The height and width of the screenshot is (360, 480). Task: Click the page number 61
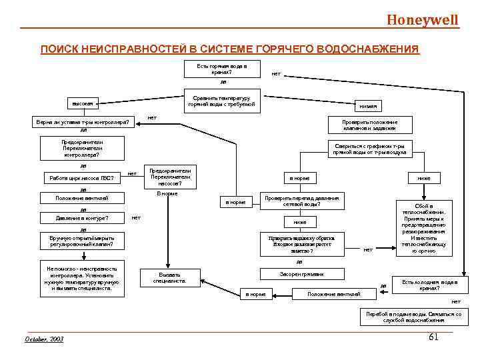(433, 337)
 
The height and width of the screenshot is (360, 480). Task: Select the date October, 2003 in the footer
(44, 339)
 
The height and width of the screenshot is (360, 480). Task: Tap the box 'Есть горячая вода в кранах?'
(221, 69)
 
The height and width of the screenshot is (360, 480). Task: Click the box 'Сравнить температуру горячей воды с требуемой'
(221, 101)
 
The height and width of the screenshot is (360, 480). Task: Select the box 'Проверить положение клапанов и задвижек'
(369, 125)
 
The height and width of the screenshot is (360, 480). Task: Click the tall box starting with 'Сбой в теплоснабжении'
(424, 229)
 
